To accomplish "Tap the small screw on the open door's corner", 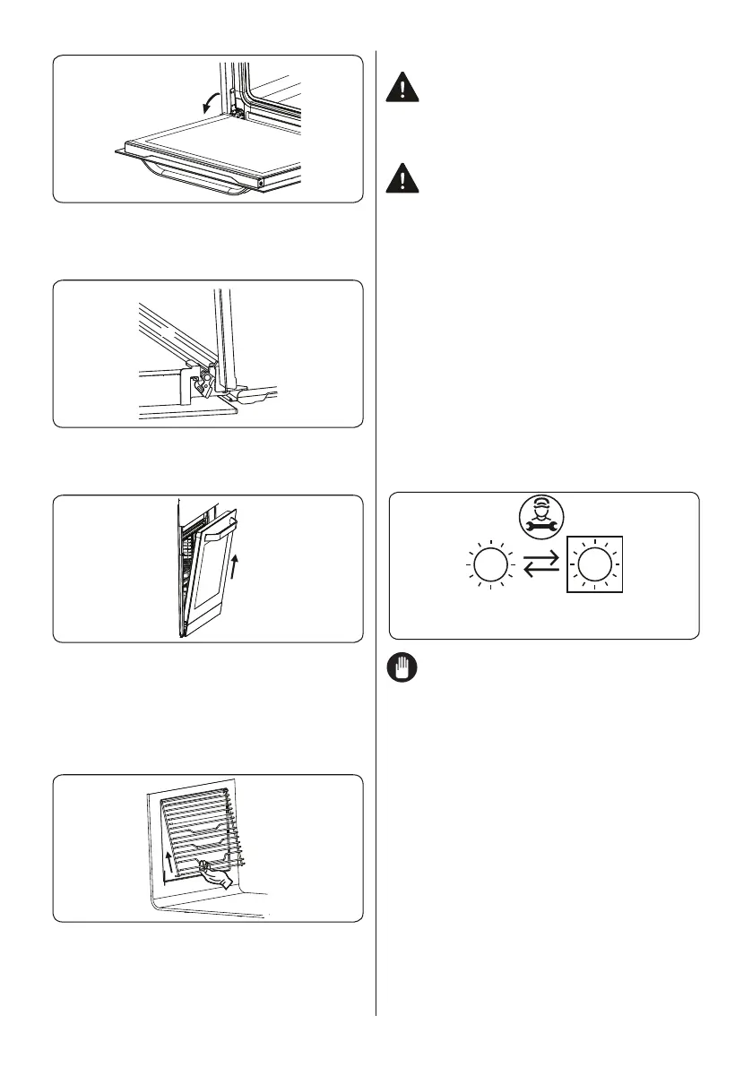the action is (x=262, y=183).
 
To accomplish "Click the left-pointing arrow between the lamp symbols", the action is (x=540, y=576).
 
